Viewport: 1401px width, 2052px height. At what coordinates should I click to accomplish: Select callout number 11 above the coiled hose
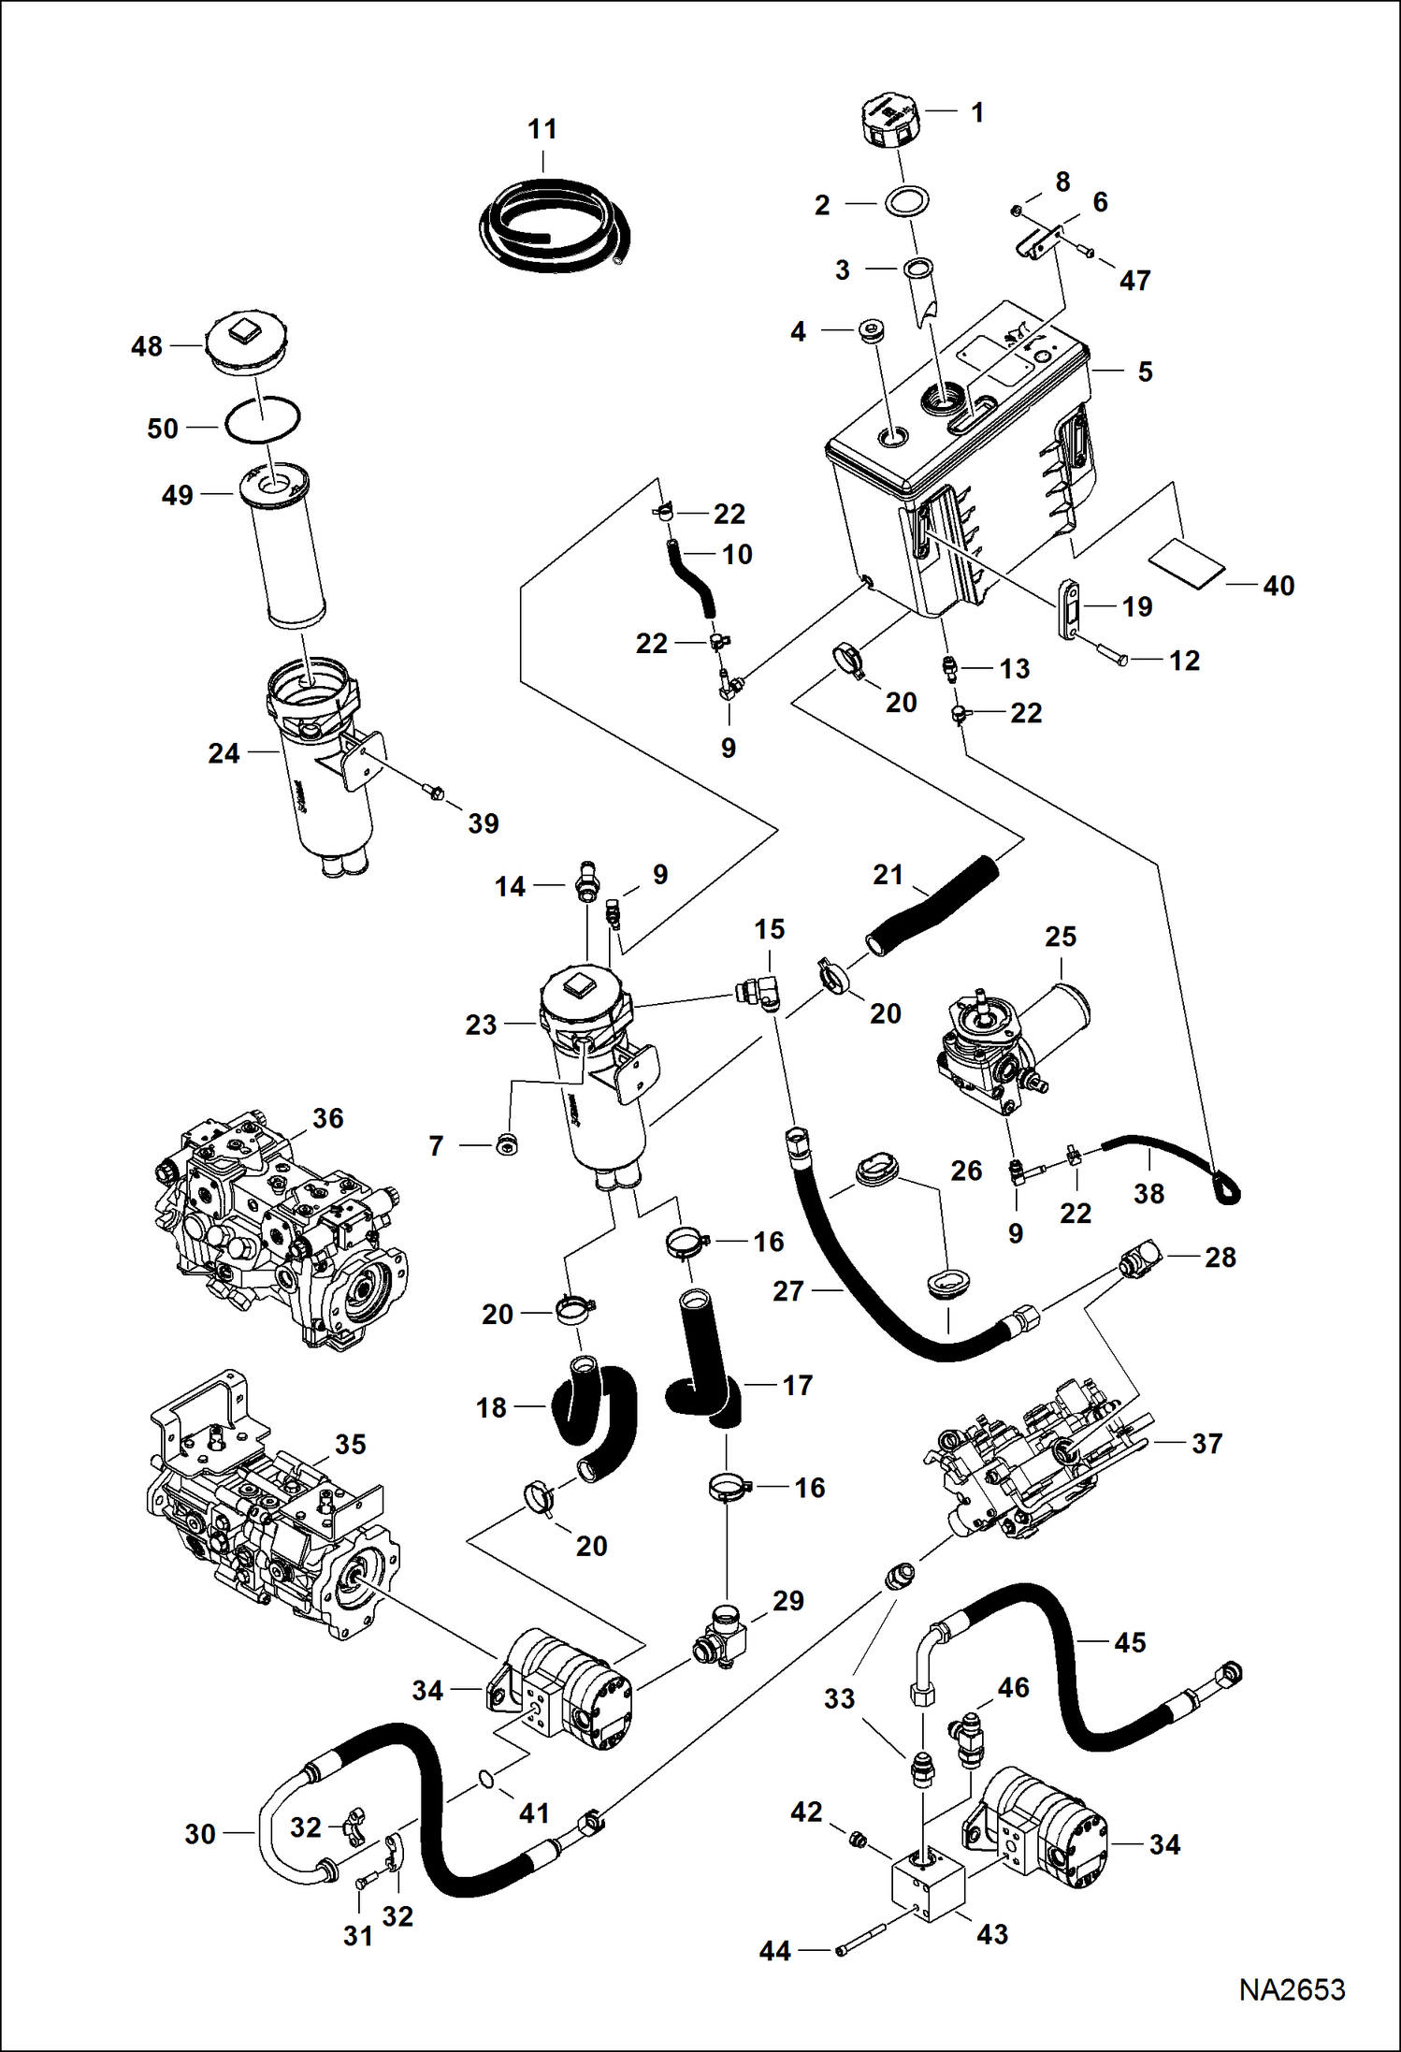point(542,129)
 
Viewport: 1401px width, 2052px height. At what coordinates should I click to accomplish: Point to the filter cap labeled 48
point(247,344)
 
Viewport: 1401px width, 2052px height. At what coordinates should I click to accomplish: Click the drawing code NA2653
point(1292,1989)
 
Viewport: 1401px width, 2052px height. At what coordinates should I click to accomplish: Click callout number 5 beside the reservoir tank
point(1145,371)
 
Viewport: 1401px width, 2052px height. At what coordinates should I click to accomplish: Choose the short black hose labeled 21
point(931,904)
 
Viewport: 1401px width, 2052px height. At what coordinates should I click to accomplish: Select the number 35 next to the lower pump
point(350,1444)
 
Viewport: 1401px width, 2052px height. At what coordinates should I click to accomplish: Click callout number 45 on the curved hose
point(1130,1642)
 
